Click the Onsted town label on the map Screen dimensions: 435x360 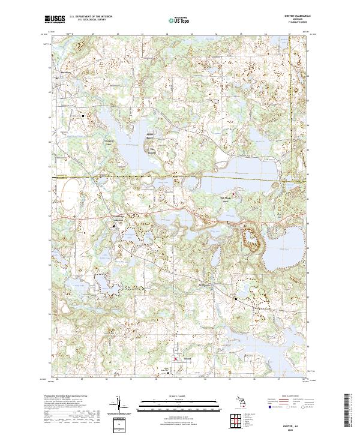181,361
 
